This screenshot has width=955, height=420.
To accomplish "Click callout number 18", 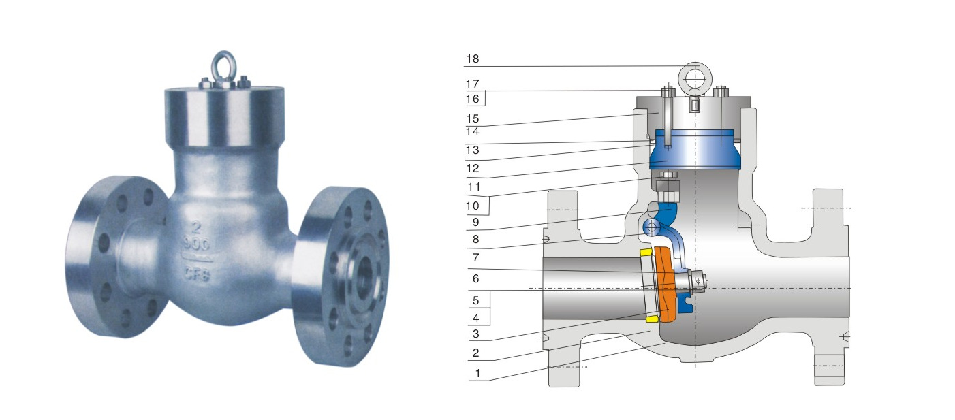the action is (472, 59).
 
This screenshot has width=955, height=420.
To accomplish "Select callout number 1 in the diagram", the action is (478, 374).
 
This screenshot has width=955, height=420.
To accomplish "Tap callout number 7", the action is (475, 258).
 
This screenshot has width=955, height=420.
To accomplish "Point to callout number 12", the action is (473, 169).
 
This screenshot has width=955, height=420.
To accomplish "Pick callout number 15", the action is (472, 119).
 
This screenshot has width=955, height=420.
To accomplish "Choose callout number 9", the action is (475, 223).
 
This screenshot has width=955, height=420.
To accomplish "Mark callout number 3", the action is (475, 334).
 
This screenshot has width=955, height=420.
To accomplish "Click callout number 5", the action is (475, 301).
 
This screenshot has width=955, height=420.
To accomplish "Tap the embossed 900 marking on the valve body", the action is (197, 244).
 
